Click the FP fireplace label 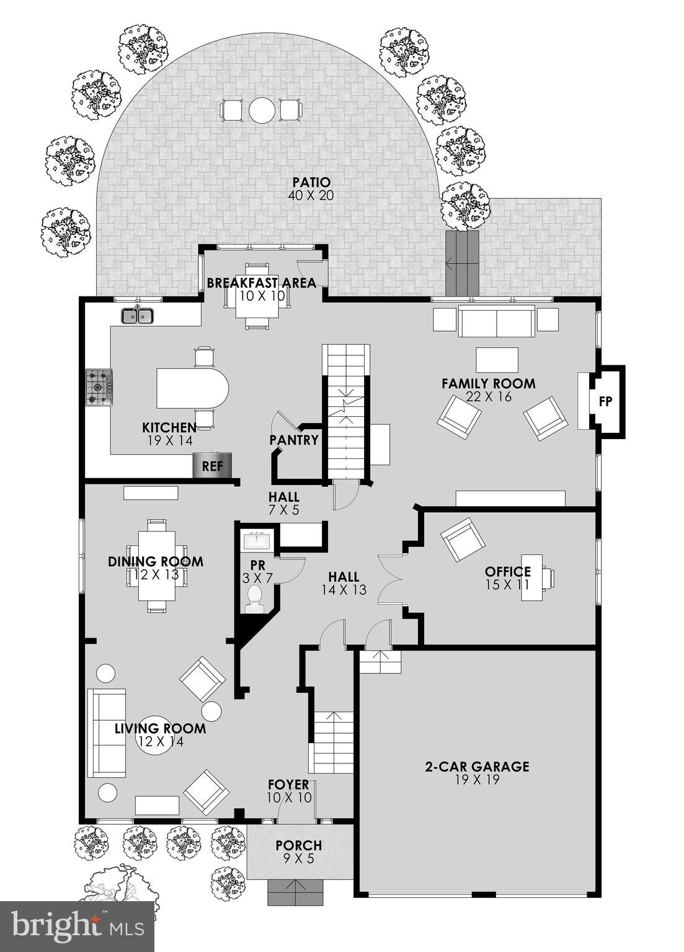[605, 401]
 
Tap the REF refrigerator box [212, 465]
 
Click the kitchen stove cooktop [99, 388]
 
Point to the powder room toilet [254, 600]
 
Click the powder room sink [256, 541]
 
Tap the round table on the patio [262, 110]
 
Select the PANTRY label [294, 440]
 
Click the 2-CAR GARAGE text [476, 767]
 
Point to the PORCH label [298, 845]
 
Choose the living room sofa [107, 732]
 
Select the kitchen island [192, 389]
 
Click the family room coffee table [497, 360]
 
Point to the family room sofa [496, 321]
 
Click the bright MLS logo [77, 927]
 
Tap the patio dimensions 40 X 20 [311, 195]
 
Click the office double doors [391, 579]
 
